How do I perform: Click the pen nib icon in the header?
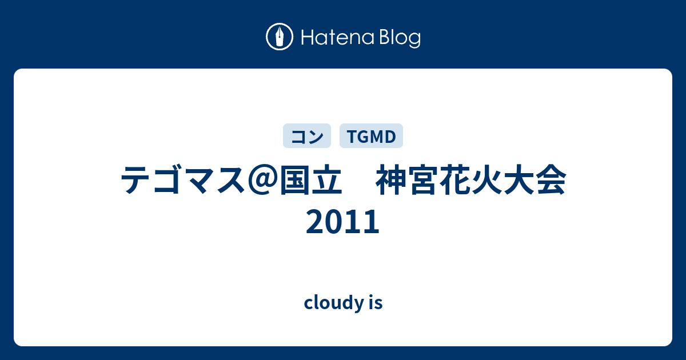point(280,37)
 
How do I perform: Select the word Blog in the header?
point(400,39)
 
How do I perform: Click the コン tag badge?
point(307,136)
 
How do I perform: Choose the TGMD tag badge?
point(371,136)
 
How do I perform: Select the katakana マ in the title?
point(199,181)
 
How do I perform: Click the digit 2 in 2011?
point(315,221)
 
